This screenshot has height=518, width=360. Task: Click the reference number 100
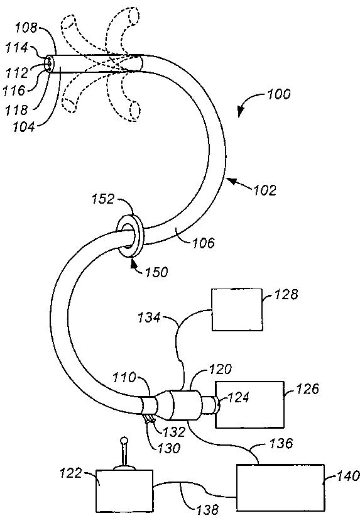coord(278,94)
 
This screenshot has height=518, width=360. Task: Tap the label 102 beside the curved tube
coord(265,190)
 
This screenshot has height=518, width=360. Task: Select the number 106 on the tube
coord(203,243)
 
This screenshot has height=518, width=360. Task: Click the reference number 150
coord(156,272)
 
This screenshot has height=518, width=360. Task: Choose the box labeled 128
coord(237,309)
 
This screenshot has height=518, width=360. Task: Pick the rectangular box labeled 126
coord(249,405)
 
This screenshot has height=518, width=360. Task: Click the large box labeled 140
coord(280,488)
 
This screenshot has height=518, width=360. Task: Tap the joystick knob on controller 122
coord(124,440)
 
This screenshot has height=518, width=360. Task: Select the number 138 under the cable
coord(207,510)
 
